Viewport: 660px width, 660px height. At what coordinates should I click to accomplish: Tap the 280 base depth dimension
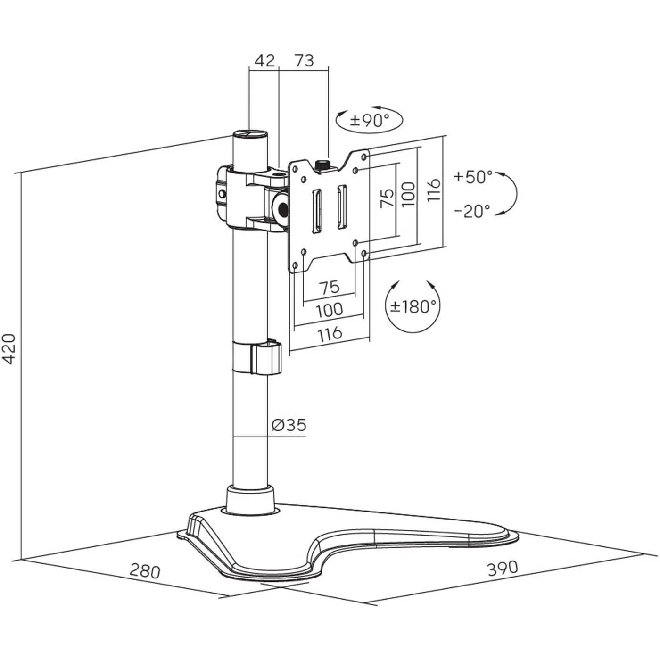point(145,571)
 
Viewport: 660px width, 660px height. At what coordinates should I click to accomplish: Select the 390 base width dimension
point(503,568)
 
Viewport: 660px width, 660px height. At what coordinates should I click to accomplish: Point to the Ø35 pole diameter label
point(289,425)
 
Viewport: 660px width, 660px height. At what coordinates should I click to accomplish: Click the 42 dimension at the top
point(264,61)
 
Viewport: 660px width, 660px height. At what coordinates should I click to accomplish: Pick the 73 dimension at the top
point(304,61)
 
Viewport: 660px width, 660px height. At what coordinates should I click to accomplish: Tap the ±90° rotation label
point(369,120)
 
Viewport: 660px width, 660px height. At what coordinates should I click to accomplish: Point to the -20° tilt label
point(472,211)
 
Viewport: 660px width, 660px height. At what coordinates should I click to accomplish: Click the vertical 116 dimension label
point(434,190)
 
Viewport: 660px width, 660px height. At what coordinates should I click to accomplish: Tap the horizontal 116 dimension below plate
point(330,334)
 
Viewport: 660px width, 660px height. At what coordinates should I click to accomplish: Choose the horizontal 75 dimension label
point(329,287)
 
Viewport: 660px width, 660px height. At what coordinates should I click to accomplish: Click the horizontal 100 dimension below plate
point(329,310)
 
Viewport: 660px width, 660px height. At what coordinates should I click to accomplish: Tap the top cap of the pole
point(249,134)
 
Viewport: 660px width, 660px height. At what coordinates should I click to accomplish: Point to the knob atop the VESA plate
point(322,165)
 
